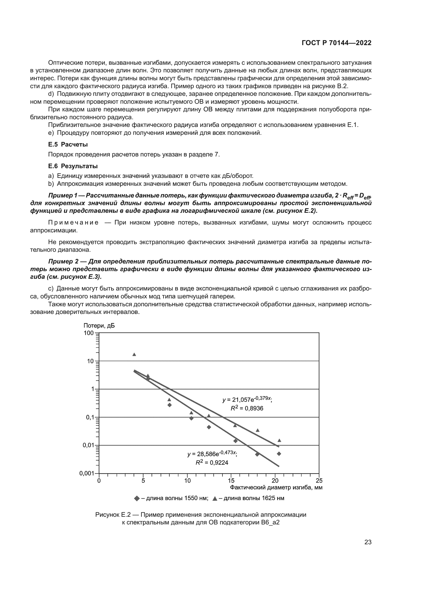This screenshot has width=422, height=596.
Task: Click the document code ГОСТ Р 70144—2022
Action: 337,43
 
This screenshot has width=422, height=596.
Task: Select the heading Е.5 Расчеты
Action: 68,144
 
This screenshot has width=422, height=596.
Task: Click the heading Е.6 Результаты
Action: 73,166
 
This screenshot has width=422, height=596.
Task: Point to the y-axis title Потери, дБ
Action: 99,326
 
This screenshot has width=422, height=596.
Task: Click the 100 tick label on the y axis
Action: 88,333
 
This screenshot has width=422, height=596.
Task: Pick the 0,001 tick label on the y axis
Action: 86,473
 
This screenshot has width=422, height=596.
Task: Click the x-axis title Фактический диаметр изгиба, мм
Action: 276,487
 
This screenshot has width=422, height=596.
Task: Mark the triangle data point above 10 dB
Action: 134,355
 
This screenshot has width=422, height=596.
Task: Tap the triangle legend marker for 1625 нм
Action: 215,498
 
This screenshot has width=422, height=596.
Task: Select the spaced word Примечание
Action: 73,222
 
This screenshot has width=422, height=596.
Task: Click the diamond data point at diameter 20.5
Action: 279,454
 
